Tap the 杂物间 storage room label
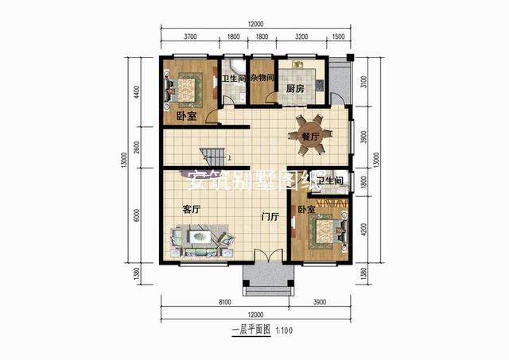[262, 78]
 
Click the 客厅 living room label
[191, 210]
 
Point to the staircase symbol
[212, 155]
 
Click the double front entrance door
[266, 258]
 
